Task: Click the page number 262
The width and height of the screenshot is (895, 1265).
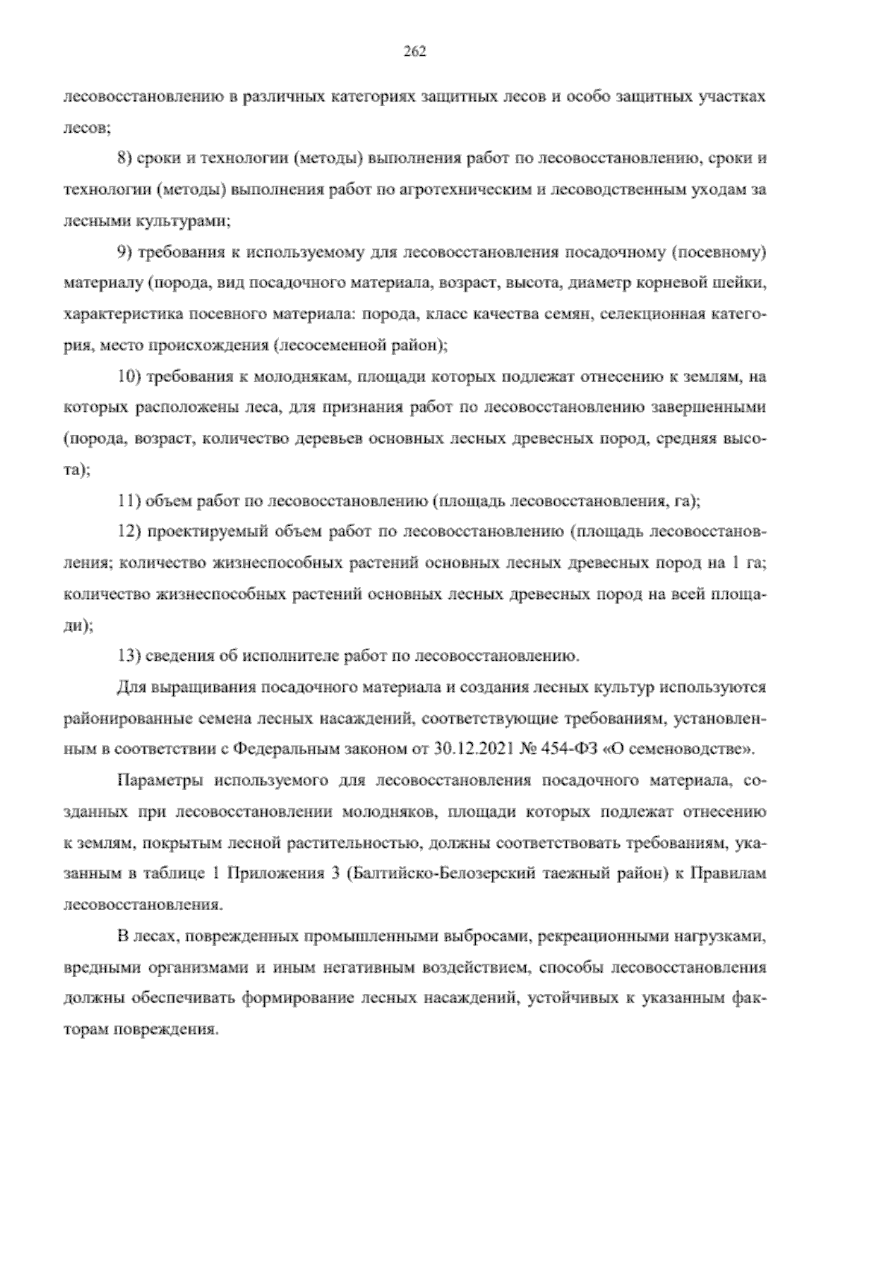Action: [413, 51]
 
